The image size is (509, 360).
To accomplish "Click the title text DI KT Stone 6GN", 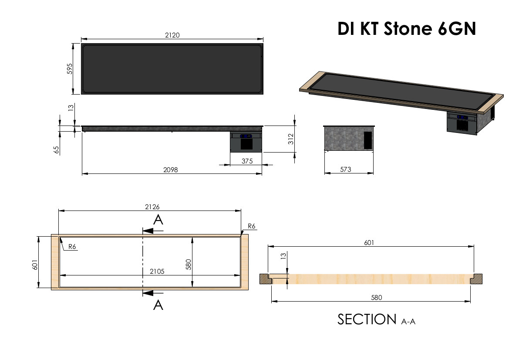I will point(407,29).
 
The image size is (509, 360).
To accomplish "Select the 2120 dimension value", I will point(172,35).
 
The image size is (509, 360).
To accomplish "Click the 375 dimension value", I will point(247,161).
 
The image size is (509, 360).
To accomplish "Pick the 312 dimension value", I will point(291,139).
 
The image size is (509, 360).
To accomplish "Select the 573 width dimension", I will point(346,169).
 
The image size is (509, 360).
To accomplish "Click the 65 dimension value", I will point(57,150).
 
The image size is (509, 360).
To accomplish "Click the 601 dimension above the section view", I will point(370,242).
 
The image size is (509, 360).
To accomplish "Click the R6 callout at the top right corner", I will point(251,226).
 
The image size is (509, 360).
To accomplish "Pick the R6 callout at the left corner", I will point(72,247).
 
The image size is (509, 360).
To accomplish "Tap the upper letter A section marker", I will point(158,220).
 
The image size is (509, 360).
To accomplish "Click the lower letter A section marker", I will point(158,305).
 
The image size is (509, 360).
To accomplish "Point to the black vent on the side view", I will point(368,139).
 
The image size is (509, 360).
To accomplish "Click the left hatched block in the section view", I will point(265,278).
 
